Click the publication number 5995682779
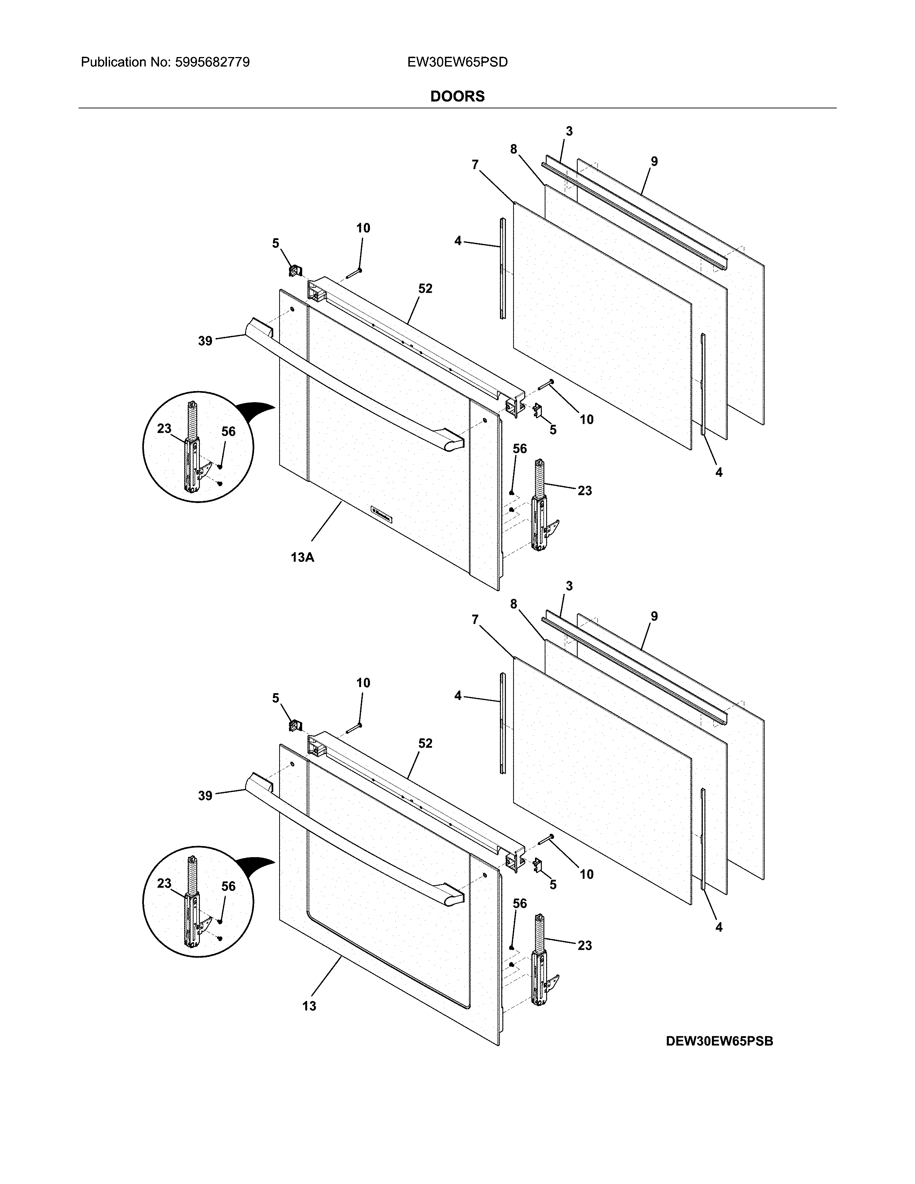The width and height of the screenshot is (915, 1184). (x=212, y=62)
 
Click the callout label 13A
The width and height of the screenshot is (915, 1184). (x=302, y=557)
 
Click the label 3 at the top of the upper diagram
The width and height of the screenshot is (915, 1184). (x=569, y=131)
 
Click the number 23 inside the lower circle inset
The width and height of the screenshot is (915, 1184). (x=164, y=883)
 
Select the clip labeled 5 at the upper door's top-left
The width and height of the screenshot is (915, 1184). (x=295, y=269)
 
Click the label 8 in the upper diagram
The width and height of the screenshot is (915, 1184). (x=513, y=149)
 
